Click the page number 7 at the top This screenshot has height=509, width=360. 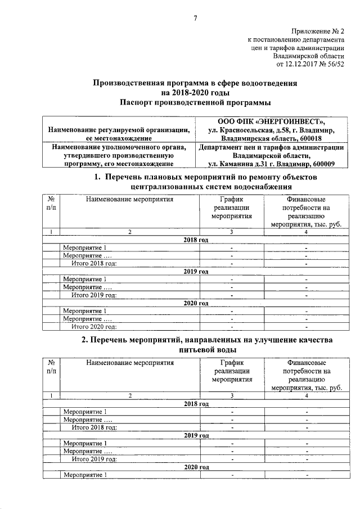195,18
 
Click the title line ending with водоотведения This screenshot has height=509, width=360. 195,83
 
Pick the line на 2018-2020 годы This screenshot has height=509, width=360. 195,93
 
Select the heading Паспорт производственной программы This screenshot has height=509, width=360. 195,103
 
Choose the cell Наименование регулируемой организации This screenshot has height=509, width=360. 118,129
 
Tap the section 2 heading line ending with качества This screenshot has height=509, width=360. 207,340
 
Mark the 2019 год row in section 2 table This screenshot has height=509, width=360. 196,435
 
